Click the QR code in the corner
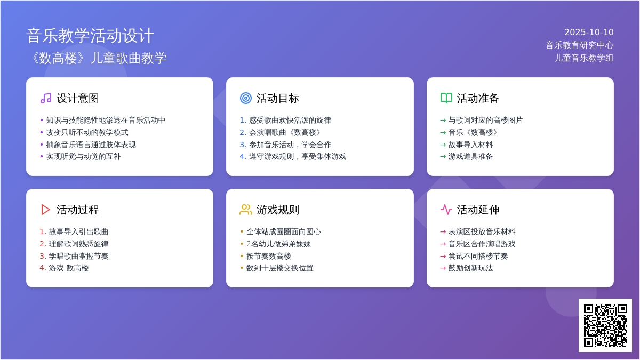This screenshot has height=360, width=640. click(605, 325)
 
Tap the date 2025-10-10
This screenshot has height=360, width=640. click(589, 33)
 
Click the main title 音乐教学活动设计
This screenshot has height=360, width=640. click(90, 36)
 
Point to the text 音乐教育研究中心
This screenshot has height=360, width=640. click(579, 45)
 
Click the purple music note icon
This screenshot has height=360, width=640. click(46, 98)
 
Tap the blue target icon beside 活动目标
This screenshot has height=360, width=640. click(246, 98)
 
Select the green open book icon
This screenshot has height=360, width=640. click(446, 98)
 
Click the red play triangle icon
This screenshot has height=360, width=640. click(45, 210)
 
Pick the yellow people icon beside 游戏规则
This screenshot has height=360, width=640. click(246, 210)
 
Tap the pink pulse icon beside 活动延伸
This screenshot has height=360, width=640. click(446, 210)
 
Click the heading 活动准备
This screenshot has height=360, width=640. click(478, 98)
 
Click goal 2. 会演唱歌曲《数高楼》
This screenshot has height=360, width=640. click(281, 133)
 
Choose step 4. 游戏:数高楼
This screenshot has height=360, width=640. click(65, 268)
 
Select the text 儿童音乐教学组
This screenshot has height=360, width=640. click(583, 58)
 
